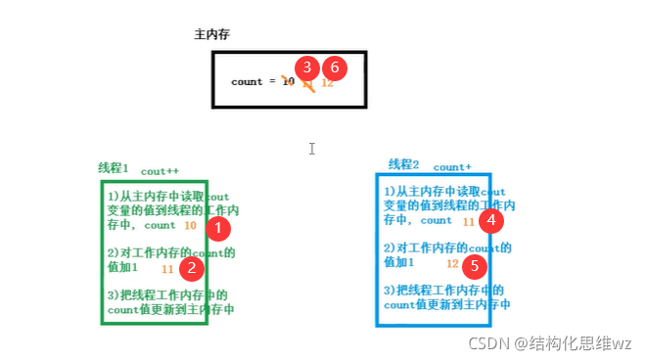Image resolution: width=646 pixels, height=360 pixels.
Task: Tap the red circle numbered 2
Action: tap(193, 266)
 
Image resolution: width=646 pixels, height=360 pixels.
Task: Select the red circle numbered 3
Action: tap(307, 67)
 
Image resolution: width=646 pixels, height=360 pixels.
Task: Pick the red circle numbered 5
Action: tap(475, 264)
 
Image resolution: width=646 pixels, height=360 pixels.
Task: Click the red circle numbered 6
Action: tap(335, 67)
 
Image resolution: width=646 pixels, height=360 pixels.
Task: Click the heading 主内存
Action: tap(211, 35)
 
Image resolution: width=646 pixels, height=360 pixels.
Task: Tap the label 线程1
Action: tap(114, 167)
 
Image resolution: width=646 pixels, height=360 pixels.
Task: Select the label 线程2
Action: tap(403, 164)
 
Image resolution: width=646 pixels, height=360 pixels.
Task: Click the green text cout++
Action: tap(160, 171)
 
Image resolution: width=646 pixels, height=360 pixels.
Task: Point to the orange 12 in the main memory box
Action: tap(327, 83)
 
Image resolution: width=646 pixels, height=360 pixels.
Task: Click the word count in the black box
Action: tap(247, 82)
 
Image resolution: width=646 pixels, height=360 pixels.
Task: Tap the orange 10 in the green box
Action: tap(190, 226)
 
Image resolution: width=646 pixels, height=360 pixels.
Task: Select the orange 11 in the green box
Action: tap(167, 268)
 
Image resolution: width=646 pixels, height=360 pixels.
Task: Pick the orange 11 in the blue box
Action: tap(469, 222)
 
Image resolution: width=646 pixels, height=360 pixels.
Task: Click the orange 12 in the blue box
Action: tap(452, 264)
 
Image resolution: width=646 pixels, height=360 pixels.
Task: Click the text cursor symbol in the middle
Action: tap(311, 149)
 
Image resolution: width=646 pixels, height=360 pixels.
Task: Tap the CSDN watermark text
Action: tap(551, 342)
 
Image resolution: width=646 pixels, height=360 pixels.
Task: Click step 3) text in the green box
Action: tap(168, 301)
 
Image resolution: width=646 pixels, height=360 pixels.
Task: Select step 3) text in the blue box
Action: tap(444, 297)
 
